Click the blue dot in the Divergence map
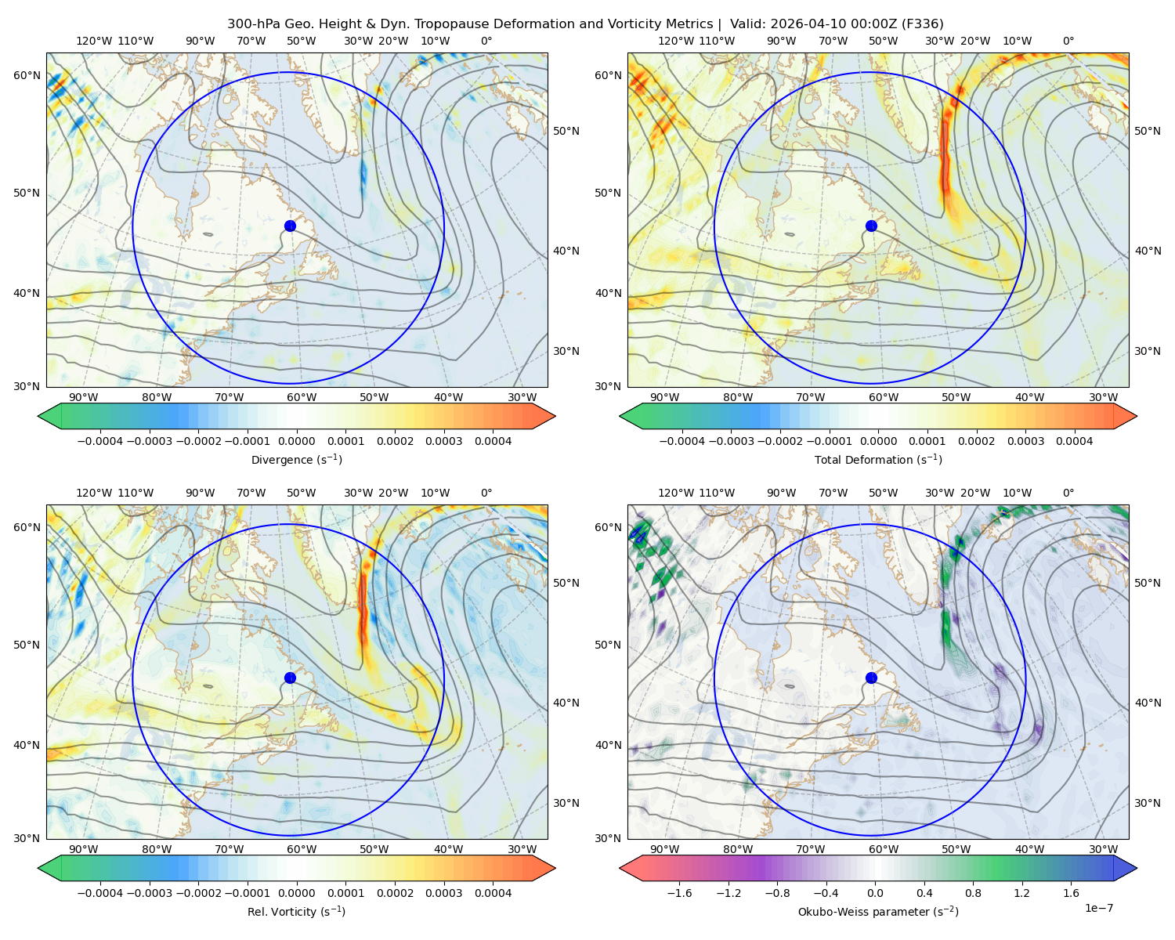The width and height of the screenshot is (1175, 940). [290, 226]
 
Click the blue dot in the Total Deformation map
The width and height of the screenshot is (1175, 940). [871, 226]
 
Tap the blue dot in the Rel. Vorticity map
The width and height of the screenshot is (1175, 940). [290, 678]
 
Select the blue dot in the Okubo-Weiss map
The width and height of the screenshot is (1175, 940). [871, 678]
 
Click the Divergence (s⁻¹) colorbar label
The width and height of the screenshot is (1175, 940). [296, 459]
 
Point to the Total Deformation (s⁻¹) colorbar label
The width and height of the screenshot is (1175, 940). [878, 459]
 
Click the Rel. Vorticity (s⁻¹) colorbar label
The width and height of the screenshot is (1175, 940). [296, 911]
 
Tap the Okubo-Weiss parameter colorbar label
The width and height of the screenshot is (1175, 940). [878, 911]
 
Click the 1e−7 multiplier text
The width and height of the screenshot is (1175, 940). [1098, 908]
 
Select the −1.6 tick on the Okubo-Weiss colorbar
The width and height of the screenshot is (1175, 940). [679, 892]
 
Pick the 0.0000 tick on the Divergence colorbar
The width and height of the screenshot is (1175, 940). [296, 441]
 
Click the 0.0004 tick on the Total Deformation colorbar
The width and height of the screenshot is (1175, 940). [1074, 441]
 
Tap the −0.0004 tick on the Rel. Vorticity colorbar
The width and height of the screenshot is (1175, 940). [100, 892]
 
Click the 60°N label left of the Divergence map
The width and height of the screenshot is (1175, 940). [27, 75]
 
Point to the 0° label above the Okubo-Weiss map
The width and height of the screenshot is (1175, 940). [1068, 492]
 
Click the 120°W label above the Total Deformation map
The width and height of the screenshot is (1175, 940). [676, 41]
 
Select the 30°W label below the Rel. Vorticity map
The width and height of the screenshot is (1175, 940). [522, 849]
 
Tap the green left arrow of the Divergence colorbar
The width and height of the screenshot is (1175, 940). [49, 416]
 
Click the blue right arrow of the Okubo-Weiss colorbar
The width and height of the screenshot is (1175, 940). [1125, 868]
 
